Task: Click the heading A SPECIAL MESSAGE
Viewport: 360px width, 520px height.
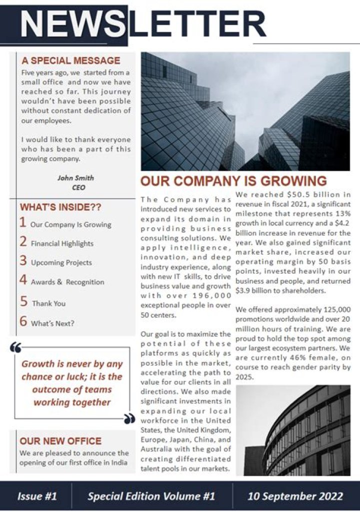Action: click(x=70, y=61)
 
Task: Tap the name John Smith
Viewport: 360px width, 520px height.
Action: click(x=75, y=178)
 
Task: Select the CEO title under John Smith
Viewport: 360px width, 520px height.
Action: click(x=78, y=188)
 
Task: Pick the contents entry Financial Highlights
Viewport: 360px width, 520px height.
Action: click(x=62, y=244)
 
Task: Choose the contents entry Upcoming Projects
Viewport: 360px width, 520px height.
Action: click(x=61, y=263)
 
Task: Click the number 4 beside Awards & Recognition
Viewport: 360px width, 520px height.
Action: click(x=23, y=280)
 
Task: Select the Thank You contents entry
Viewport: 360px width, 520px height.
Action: click(x=49, y=303)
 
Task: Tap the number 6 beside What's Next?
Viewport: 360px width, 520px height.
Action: click(x=23, y=322)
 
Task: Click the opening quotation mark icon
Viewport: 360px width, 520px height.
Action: click(x=15, y=348)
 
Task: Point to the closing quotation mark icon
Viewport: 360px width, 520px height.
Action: click(x=129, y=418)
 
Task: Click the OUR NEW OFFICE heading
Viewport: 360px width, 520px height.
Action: click(x=60, y=441)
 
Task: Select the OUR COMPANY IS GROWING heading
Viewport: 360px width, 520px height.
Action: click(x=233, y=181)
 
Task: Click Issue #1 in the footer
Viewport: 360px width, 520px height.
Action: click(x=37, y=496)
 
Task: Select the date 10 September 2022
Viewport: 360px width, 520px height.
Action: click(x=295, y=496)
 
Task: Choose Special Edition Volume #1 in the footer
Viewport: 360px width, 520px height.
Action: click(x=151, y=496)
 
